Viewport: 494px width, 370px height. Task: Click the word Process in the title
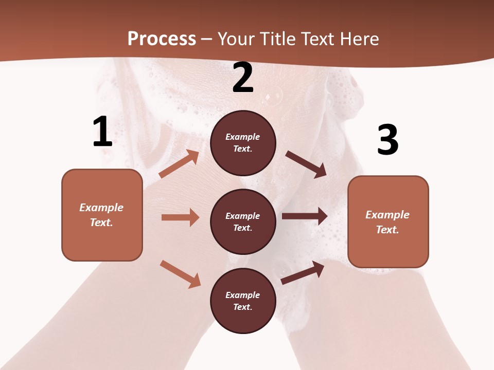(x=162, y=39)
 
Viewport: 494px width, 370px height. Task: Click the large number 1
(x=102, y=132)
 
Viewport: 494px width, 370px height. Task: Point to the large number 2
(x=243, y=78)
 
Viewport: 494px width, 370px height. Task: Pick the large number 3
(x=387, y=140)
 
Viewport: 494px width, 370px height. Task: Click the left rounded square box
(x=102, y=215)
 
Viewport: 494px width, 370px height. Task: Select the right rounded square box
(x=388, y=222)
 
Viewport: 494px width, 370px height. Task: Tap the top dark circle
(x=243, y=143)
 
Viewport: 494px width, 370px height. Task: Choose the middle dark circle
(x=243, y=222)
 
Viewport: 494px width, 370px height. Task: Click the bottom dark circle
(x=243, y=301)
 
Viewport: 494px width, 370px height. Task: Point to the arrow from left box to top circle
(x=179, y=164)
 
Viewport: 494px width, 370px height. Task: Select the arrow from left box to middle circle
(x=180, y=217)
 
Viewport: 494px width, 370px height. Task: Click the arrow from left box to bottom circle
(x=180, y=274)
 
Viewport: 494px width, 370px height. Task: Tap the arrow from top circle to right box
(x=306, y=164)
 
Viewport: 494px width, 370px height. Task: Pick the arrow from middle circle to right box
(x=305, y=216)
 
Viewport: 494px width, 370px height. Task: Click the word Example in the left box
(x=101, y=208)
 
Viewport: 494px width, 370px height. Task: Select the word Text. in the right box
(x=387, y=230)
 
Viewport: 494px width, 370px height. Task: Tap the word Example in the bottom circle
(x=243, y=295)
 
